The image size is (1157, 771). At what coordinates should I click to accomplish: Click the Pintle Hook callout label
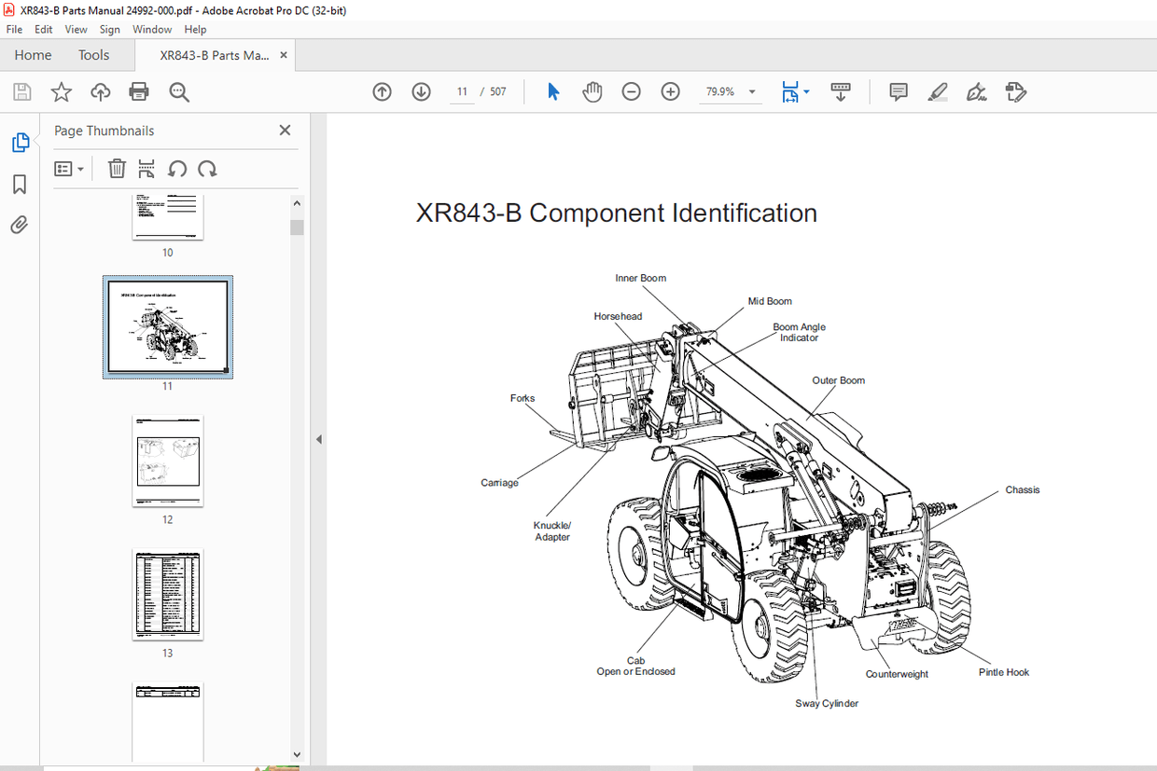pyautogui.click(x=1003, y=672)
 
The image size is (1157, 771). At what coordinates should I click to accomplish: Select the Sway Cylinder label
pyautogui.click(x=826, y=704)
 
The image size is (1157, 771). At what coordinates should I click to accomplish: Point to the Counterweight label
pyautogui.click(x=896, y=674)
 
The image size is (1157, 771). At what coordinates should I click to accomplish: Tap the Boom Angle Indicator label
pyautogui.click(x=799, y=333)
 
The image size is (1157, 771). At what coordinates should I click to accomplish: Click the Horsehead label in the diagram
pyautogui.click(x=618, y=317)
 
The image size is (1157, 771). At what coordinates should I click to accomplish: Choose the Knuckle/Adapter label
pyautogui.click(x=552, y=531)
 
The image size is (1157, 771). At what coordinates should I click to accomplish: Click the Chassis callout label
pyautogui.click(x=1022, y=490)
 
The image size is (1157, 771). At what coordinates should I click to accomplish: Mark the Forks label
pyautogui.click(x=523, y=399)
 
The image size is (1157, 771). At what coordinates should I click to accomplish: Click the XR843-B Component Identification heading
pyautogui.click(x=616, y=213)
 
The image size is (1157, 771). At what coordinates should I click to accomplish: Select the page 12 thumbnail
pyautogui.click(x=168, y=461)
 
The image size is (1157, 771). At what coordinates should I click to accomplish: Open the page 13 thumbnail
pyautogui.click(x=168, y=594)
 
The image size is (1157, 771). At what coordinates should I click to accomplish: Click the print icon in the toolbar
pyautogui.click(x=139, y=91)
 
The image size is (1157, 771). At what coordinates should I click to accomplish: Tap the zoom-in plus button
pyautogui.click(x=670, y=91)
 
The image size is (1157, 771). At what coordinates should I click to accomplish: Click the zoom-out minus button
pyautogui.click(x=631, y=91)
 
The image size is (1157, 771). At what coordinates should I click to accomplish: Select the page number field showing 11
pyautogui.click(x=462, y=91)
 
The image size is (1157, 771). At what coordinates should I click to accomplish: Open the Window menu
pyautogui.click(x=151, y=30)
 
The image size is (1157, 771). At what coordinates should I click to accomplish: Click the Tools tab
pyautogui.click(x=93, y=55)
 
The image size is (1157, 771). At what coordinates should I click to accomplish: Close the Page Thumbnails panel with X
pyautogui.click(x=285, y=131)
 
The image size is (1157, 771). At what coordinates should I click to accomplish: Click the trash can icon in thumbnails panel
pyautogui.click(x=117, y=169)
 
